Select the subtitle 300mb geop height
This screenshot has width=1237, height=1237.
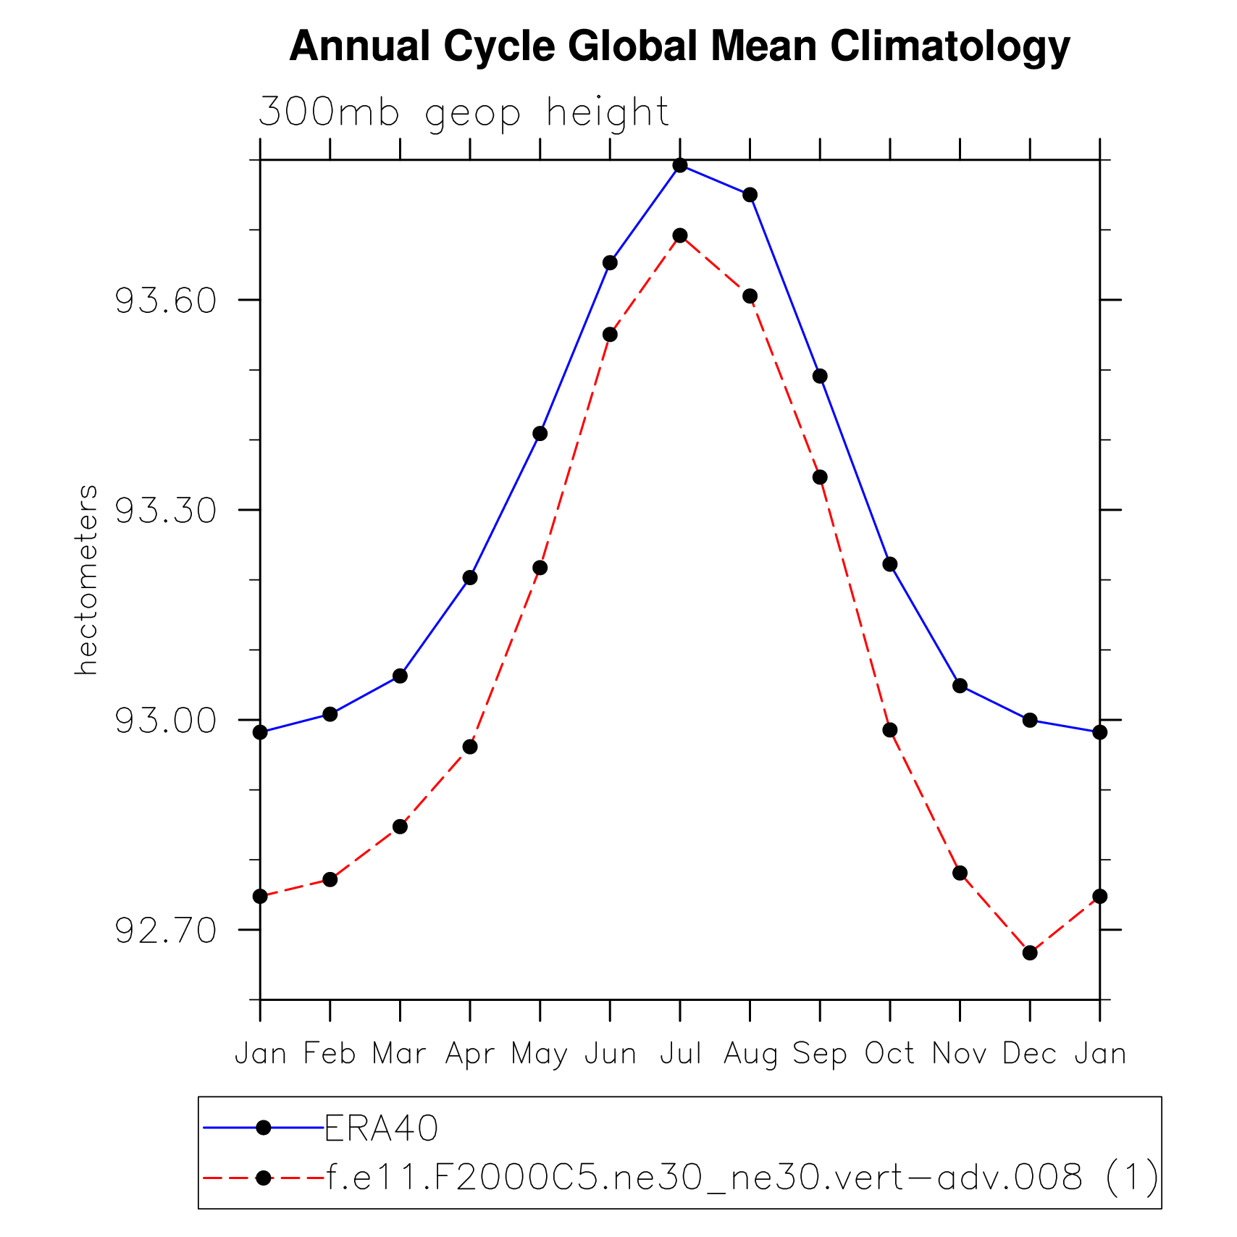464,113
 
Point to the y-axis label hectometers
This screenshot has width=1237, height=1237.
86,579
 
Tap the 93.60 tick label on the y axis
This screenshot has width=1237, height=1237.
167,301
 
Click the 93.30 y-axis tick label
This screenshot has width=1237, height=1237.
167,511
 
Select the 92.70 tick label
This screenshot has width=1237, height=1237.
167,931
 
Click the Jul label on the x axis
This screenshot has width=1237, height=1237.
681,1054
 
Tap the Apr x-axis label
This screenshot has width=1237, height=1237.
470,1054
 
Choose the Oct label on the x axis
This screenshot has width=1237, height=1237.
889,1054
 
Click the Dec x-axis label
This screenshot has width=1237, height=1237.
1029,1054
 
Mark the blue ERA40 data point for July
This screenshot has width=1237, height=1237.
680,165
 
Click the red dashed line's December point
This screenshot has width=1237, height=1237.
1030,952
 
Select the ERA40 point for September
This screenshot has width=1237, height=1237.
820,376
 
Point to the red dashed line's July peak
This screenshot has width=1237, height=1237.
680,235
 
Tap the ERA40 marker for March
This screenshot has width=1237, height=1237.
400,676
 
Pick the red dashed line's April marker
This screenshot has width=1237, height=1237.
470,747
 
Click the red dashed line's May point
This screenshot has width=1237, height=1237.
540,568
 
